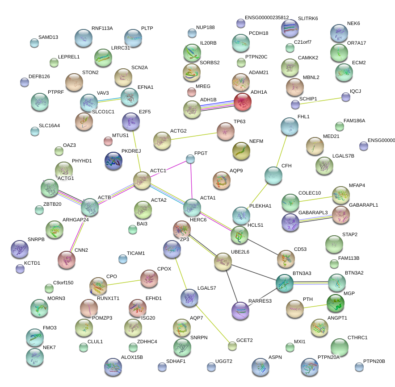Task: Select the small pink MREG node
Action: tap(192, 92)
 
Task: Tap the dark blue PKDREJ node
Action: tap(113, 161)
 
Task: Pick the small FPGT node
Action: tap(190, 158)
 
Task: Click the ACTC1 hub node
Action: tap(143, 180)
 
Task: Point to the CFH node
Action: tap(273, 175)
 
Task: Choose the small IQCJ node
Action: tap(345, 96)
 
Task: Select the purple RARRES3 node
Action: tap(240, 310)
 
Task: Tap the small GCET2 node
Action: tap(232, 345)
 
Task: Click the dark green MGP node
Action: tap(336, 303)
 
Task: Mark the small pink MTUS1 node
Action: tap(108, 141)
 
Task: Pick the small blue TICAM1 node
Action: tap(123, 259)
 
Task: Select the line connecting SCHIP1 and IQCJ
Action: tap(320, 100)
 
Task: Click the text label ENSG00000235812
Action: tap(273, 17)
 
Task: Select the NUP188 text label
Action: tap(205, 28)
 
